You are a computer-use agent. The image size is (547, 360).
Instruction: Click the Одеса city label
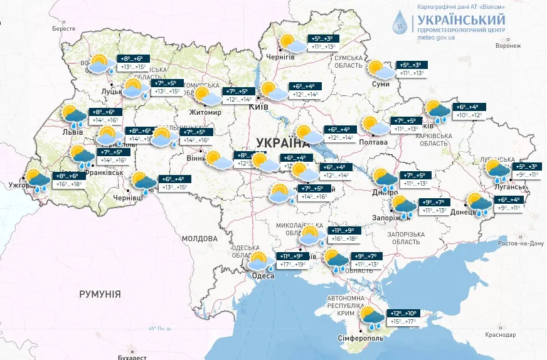point(262,276)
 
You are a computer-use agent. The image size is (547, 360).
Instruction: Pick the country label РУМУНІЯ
point(100,294)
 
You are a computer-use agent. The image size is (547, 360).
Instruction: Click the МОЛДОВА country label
point(199,239)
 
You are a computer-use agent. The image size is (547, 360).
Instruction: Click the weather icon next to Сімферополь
point(371,318)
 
